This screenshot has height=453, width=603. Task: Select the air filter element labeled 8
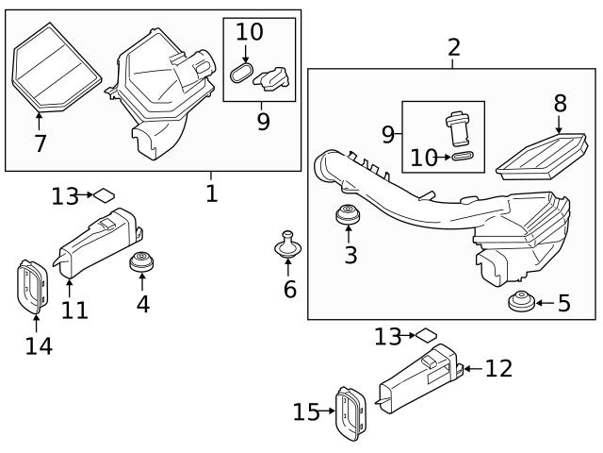(536, 155)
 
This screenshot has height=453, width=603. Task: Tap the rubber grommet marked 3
(349, 215)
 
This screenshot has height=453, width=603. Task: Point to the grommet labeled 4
(141, 261)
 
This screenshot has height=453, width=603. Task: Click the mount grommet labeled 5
(519, 303)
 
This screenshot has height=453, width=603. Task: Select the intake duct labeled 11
(99, 243)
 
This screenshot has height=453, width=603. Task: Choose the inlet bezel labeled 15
(350, 413)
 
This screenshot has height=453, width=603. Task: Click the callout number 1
(211, 193)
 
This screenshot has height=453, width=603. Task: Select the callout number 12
(498, 369)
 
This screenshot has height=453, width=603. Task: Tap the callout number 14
(39, 345)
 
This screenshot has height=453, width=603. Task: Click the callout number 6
(289, 289)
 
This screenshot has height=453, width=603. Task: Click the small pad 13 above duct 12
(428, 334)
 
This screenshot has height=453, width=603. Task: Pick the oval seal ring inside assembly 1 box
(241, 74)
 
